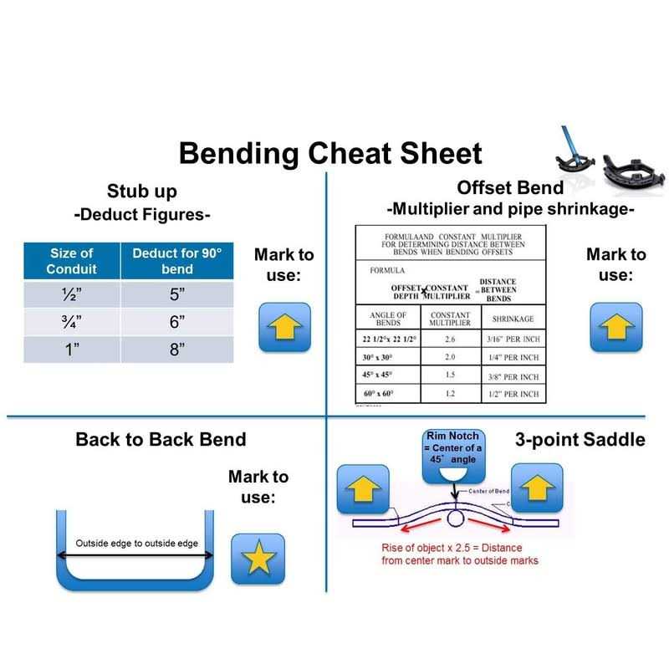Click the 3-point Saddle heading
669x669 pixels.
coord(583,438)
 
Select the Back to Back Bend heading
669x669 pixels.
coord(161,438)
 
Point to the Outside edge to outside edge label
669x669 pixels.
coord(136,544)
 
